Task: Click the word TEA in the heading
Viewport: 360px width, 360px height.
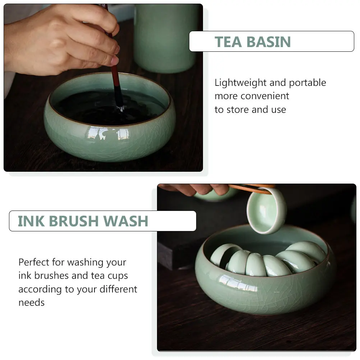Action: click(228, 42)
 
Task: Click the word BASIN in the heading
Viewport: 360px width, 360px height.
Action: click(269, 42)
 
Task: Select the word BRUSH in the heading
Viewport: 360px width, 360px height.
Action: click(74, 221)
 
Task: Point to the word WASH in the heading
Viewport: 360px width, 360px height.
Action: click(126, 221)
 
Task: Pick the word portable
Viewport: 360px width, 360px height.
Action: click(308, 83)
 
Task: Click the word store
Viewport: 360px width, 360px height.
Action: click(238, 110)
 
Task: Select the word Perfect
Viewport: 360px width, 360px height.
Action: click(34, 262)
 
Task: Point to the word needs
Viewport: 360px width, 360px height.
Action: click(32, 303)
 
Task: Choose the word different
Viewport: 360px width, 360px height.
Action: click(118, 289)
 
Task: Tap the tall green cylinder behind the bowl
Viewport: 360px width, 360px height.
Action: click(165, 38)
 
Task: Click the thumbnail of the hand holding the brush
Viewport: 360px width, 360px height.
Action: click(114, 61)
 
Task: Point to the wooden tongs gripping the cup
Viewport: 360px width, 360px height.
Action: click(251, 188)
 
